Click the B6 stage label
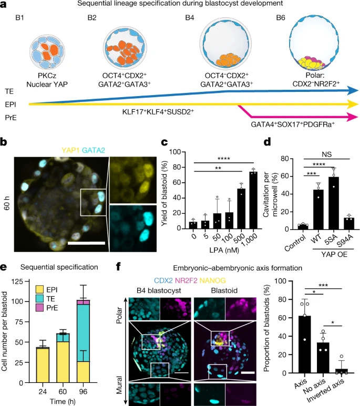pos(282,19)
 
